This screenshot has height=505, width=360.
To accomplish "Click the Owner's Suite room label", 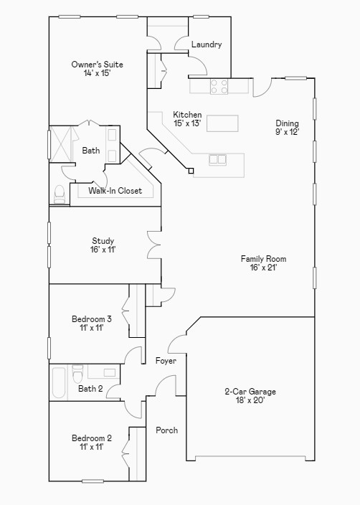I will point(91,69).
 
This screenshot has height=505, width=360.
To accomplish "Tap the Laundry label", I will point(207,44).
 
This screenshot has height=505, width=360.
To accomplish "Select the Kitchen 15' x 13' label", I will point(187,119).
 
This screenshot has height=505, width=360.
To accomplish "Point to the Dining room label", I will point(287,127).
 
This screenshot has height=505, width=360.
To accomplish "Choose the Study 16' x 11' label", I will point(103,245).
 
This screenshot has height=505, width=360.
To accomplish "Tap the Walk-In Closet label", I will point(115,191).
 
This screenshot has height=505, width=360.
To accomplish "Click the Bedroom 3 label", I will point(91,323).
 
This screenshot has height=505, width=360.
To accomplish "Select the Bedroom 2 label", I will point(91,442).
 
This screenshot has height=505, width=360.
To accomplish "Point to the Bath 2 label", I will point(90,389).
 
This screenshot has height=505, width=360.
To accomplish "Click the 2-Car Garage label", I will point(250,396).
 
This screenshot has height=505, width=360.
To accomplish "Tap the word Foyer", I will point(166,361).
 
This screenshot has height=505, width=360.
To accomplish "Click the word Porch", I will point(166,430).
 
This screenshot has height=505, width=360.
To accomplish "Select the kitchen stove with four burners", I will point(219,87).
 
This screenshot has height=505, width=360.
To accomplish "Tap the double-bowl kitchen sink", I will point(217,159).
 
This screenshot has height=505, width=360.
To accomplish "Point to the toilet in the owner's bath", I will point(59,194).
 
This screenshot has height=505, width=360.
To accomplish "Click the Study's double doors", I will point(153,245).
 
